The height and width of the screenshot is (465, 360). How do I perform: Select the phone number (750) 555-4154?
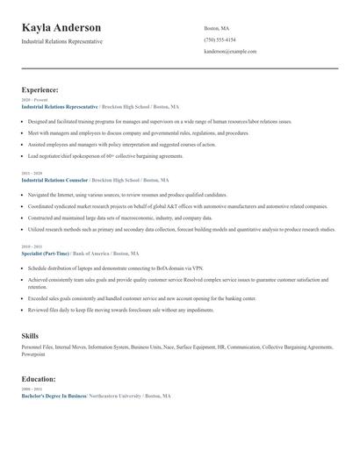click(x=220, y=39)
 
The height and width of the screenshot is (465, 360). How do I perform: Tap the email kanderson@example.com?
click(x=230, y=52)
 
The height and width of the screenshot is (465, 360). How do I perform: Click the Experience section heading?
click(x=40, y=89)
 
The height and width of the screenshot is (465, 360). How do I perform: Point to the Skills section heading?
click(x=30, y=335)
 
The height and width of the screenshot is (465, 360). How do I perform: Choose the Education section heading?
click(x=40, y=378)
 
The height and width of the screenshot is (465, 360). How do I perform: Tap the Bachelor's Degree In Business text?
click(x=54, y=397)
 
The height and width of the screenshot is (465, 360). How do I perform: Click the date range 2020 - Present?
click(x=32, y=100)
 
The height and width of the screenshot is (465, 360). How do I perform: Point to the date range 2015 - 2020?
click(x=31, y=174)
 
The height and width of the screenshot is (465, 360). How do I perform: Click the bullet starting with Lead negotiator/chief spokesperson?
click(x=105, y=155)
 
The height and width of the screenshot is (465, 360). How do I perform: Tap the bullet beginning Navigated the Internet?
click(x=127, y=195)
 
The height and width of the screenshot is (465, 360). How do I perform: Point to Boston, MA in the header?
click(x=216, y=28)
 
